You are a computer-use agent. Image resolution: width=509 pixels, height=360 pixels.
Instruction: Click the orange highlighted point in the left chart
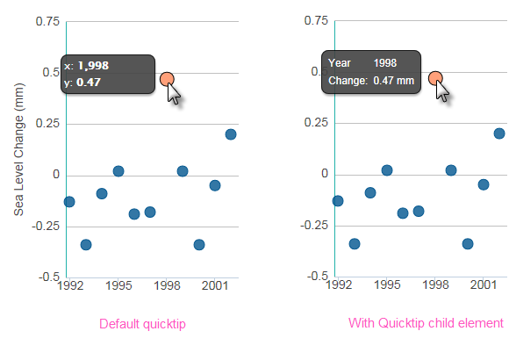tap(167, 79)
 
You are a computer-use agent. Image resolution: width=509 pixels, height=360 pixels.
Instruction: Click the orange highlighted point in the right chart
tap(435, 78)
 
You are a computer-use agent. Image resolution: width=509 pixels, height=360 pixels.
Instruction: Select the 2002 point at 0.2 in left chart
tap(231, 134)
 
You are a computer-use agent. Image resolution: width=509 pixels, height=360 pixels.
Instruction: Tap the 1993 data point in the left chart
tap(86, 244)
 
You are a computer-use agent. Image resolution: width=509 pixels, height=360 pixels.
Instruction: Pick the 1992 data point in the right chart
tap(338, 201)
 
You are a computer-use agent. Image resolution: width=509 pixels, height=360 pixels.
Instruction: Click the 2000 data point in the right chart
tap(468, 244)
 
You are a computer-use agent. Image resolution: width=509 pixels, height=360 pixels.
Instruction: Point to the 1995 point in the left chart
tap(118, 171)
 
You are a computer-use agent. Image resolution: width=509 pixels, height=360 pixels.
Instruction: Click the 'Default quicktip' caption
tap(142, 324)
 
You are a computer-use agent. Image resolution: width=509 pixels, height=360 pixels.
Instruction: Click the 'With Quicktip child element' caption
tap(426, 323)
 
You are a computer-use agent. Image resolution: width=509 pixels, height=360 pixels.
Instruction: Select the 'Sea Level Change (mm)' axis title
tap(18, 149)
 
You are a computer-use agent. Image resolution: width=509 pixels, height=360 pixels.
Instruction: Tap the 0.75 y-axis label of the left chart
tap(47, 21)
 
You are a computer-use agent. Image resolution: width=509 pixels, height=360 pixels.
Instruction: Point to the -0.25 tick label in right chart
tap(314, 225)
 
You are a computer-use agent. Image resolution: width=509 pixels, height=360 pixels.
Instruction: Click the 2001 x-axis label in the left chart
tap(215, 285)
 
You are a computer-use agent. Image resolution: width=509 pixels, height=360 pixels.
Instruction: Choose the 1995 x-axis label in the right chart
tap(387, 284)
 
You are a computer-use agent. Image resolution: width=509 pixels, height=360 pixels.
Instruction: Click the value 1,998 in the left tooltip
tap(94, 66)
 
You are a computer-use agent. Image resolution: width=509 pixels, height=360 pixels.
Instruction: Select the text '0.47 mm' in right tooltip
tap(394, 80)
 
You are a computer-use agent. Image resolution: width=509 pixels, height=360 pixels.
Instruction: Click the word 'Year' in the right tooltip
tap(340, 62)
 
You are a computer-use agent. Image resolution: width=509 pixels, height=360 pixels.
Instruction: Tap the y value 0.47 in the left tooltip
tap(89, 83)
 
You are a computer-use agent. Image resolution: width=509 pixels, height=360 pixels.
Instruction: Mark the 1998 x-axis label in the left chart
tap(167, 285)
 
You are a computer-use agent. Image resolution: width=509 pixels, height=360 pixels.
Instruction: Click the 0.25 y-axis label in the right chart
tap(316, 123)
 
